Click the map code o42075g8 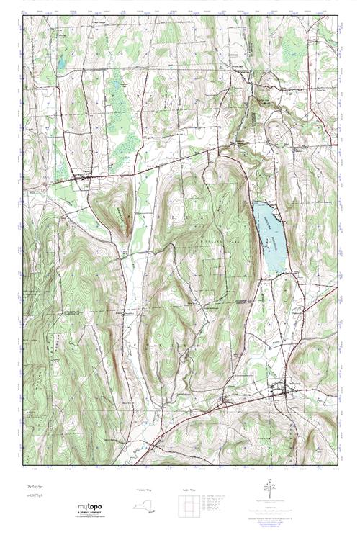coord(33,497)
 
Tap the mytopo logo coord(92,508)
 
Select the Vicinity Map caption coord(145,490)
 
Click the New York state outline coord(145,506)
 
